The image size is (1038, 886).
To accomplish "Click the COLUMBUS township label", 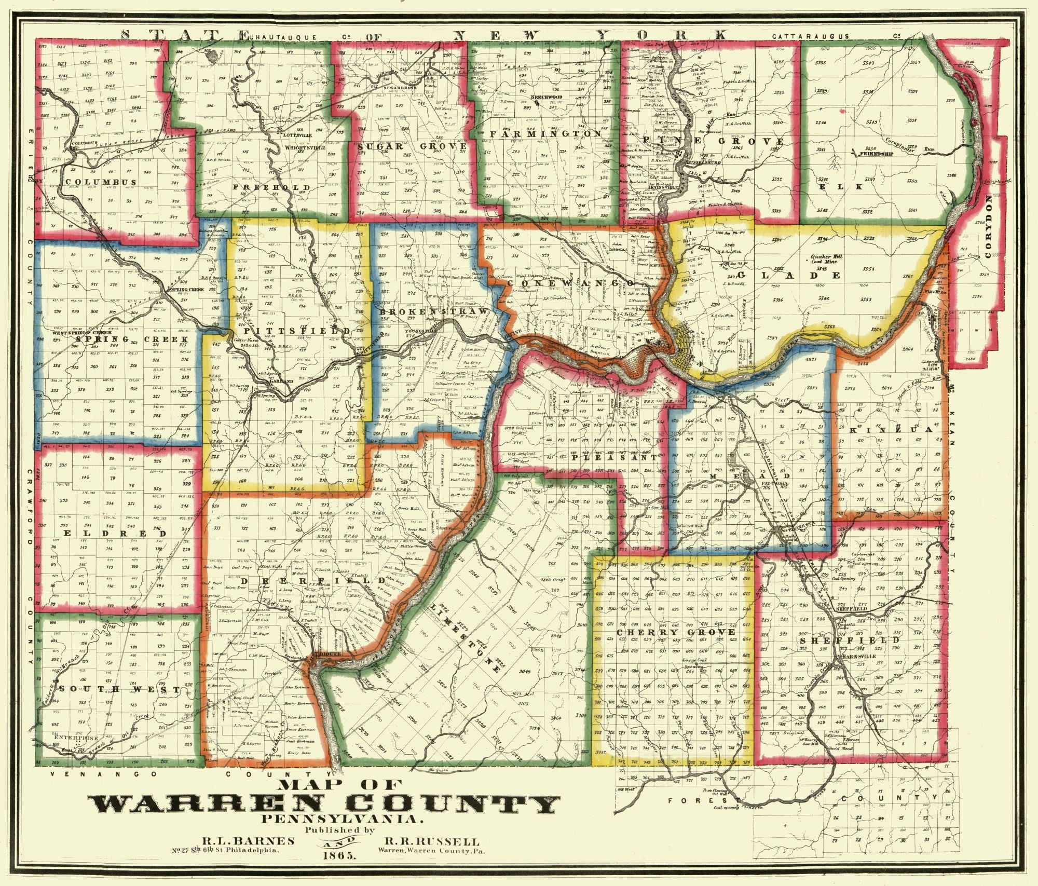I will click(x=101, y=182).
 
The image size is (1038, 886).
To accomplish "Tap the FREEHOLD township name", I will click(x=271, y=187).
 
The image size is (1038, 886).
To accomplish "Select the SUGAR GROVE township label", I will click(x=412, y=147).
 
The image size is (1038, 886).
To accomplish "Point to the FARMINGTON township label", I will click(x=545, y=134).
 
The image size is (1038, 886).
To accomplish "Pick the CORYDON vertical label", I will click(x=988, y=223).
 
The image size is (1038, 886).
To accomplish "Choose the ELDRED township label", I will click(x=116, y=533).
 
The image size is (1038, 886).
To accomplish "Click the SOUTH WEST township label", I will click(x=119, y=689).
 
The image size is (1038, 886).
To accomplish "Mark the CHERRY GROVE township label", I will click(x=676, y=632).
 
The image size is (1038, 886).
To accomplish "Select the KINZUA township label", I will click(x=891, y=430).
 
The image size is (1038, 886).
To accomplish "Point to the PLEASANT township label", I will click(x=614, y=458).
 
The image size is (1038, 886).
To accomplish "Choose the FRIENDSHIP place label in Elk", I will click(x=876, y=154).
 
